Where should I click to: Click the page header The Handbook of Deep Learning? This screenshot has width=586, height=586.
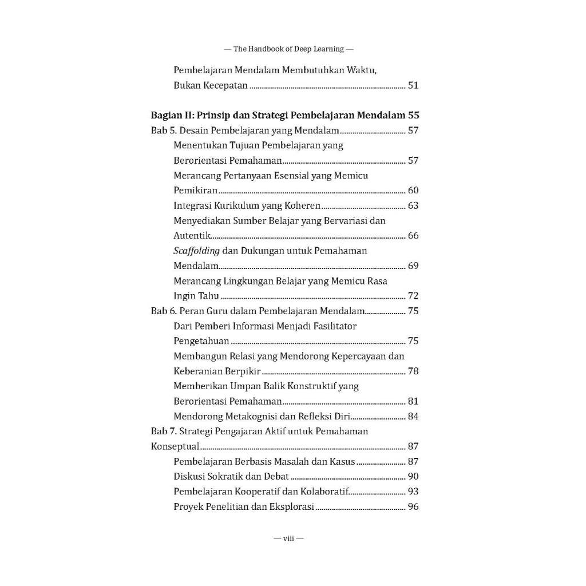click(288, 49)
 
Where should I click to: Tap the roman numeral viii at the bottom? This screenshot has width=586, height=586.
click(288, 539)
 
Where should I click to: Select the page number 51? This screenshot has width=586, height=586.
click(413, 86)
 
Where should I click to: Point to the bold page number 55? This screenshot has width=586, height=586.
click(413, 115)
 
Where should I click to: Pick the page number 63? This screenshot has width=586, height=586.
click(413, 206)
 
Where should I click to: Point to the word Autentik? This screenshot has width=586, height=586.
click(192, 236)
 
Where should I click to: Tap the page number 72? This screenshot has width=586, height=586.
click(413, 296)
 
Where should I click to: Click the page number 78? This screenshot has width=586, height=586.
click(413, 371)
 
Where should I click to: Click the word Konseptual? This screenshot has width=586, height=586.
click(175, 447)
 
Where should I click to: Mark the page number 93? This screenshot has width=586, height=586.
click(413, 492)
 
